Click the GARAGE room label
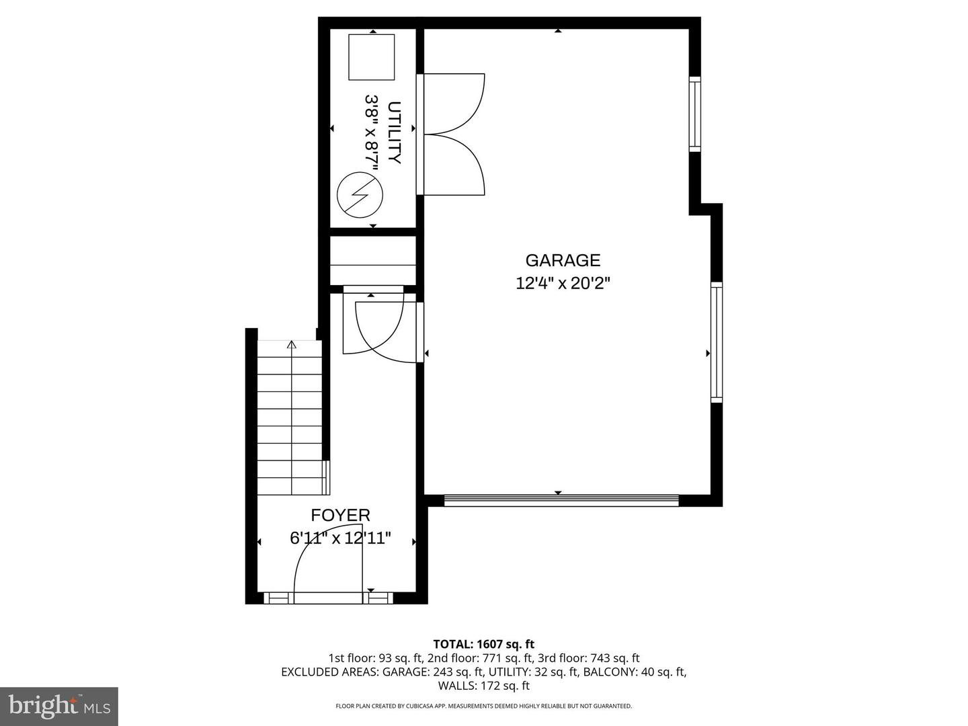pyautogui.click(x=563, y=260)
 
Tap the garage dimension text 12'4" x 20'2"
pyautogui.click(x=563, y=283)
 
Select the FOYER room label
pyautogui.click(x=340, y=516)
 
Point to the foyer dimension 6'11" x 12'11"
pyautogui.click(x=340, y=538)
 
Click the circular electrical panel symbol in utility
pyautogui.click(x=360, y=194)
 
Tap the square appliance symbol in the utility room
pyautogui.click(x=371, y=56)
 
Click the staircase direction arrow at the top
pyautogui.click(x=292, y=346)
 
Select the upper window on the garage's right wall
pyautogui.click(x=695, y=114)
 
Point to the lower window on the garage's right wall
pyautogui.click(x=717, y=342)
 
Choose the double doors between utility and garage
pyautogui.click(x=452, y=134)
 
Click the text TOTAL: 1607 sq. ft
pyautogui.click(x=484, y=645)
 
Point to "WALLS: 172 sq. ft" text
pyautogui.click(x=484, y=686)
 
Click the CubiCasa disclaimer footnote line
pyautogui.click(x=484, y=706)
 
